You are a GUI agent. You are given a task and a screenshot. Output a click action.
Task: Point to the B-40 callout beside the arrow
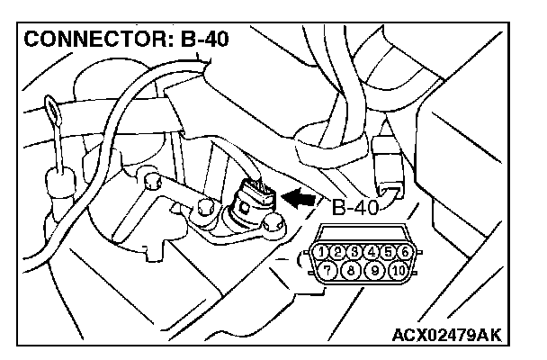tap(355, 209)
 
